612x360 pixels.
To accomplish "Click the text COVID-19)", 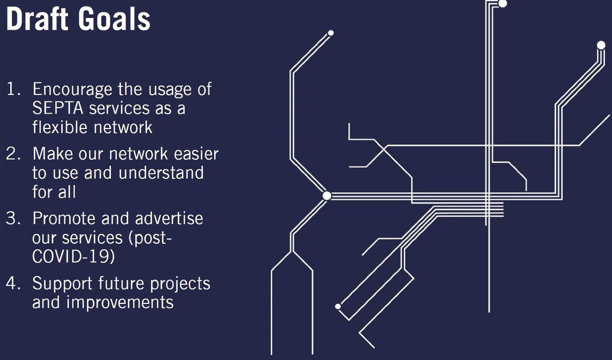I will tap(73, 256).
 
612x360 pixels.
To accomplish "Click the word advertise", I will tap(169, 219).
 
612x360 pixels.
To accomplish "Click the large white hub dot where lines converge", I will tap(327, 195).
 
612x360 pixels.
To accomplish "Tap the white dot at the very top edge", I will tap(502, 4).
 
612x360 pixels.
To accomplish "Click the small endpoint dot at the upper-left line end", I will tap(330, 33).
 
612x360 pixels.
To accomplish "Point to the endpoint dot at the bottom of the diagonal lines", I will tap(338, 306).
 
